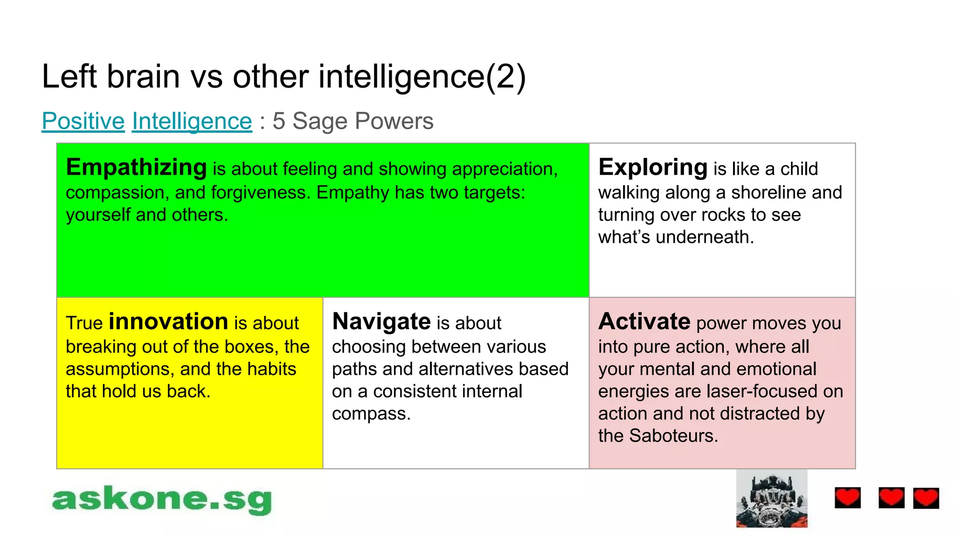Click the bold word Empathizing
tap(136, 167)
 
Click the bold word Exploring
tap(653, 167)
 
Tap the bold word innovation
tap(168, 322)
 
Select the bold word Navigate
tap(381, 322)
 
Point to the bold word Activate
tap(644, 322)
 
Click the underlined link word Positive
tap(83, 121)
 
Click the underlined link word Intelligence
tap(192, 121)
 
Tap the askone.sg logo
tap(161, 500)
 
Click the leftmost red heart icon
tap(847, 498)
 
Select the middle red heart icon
tap(891, 497)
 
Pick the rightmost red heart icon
tap(926, 498)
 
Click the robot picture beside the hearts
tap(772, 499)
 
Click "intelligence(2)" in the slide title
tap(422, 76)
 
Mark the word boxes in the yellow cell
tap(251, 347)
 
